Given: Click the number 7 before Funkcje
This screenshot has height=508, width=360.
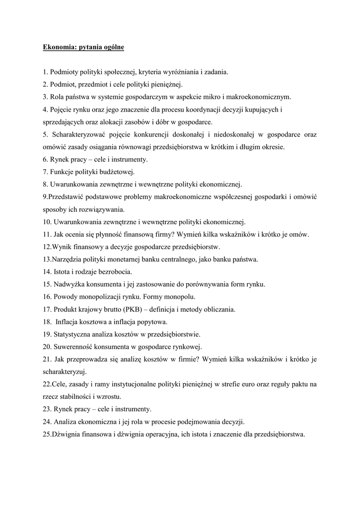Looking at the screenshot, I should tap(45, 172).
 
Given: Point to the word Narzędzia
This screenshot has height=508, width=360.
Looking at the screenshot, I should tap(66, 259).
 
